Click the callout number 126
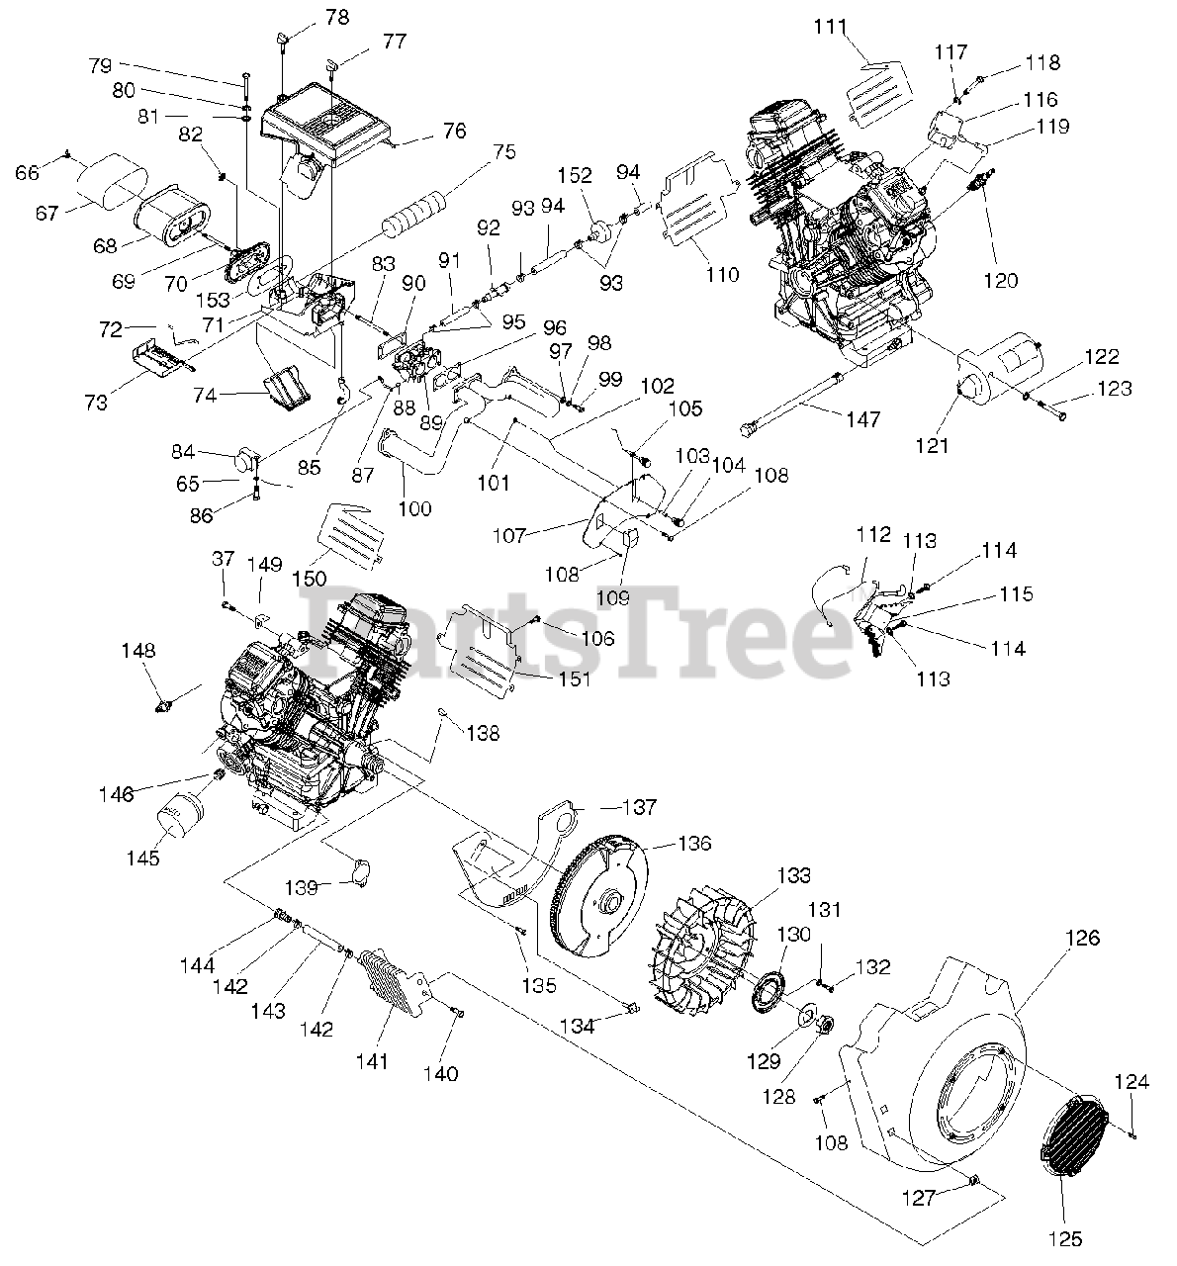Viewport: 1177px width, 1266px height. coord(1083,938)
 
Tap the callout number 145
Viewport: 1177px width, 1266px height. coord(142,859)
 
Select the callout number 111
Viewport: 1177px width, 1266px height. coord(831,28)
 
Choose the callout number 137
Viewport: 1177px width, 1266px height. coord(638,808)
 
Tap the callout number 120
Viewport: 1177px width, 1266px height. coord(1000,281)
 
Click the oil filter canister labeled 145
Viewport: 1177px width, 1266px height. coord(180,812)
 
